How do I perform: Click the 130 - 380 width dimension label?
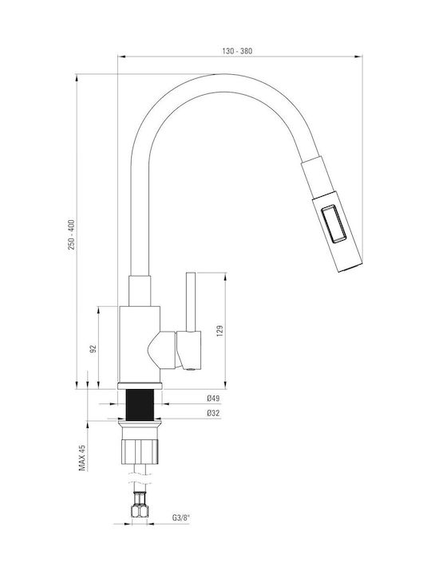237,51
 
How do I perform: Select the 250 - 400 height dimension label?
71,234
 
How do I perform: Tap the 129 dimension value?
220,331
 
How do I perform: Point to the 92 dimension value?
93,348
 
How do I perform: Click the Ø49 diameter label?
213,398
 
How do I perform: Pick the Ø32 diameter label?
213,413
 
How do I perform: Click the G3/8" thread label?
182,517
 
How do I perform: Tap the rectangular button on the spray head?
334,223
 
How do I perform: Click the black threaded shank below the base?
140,404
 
